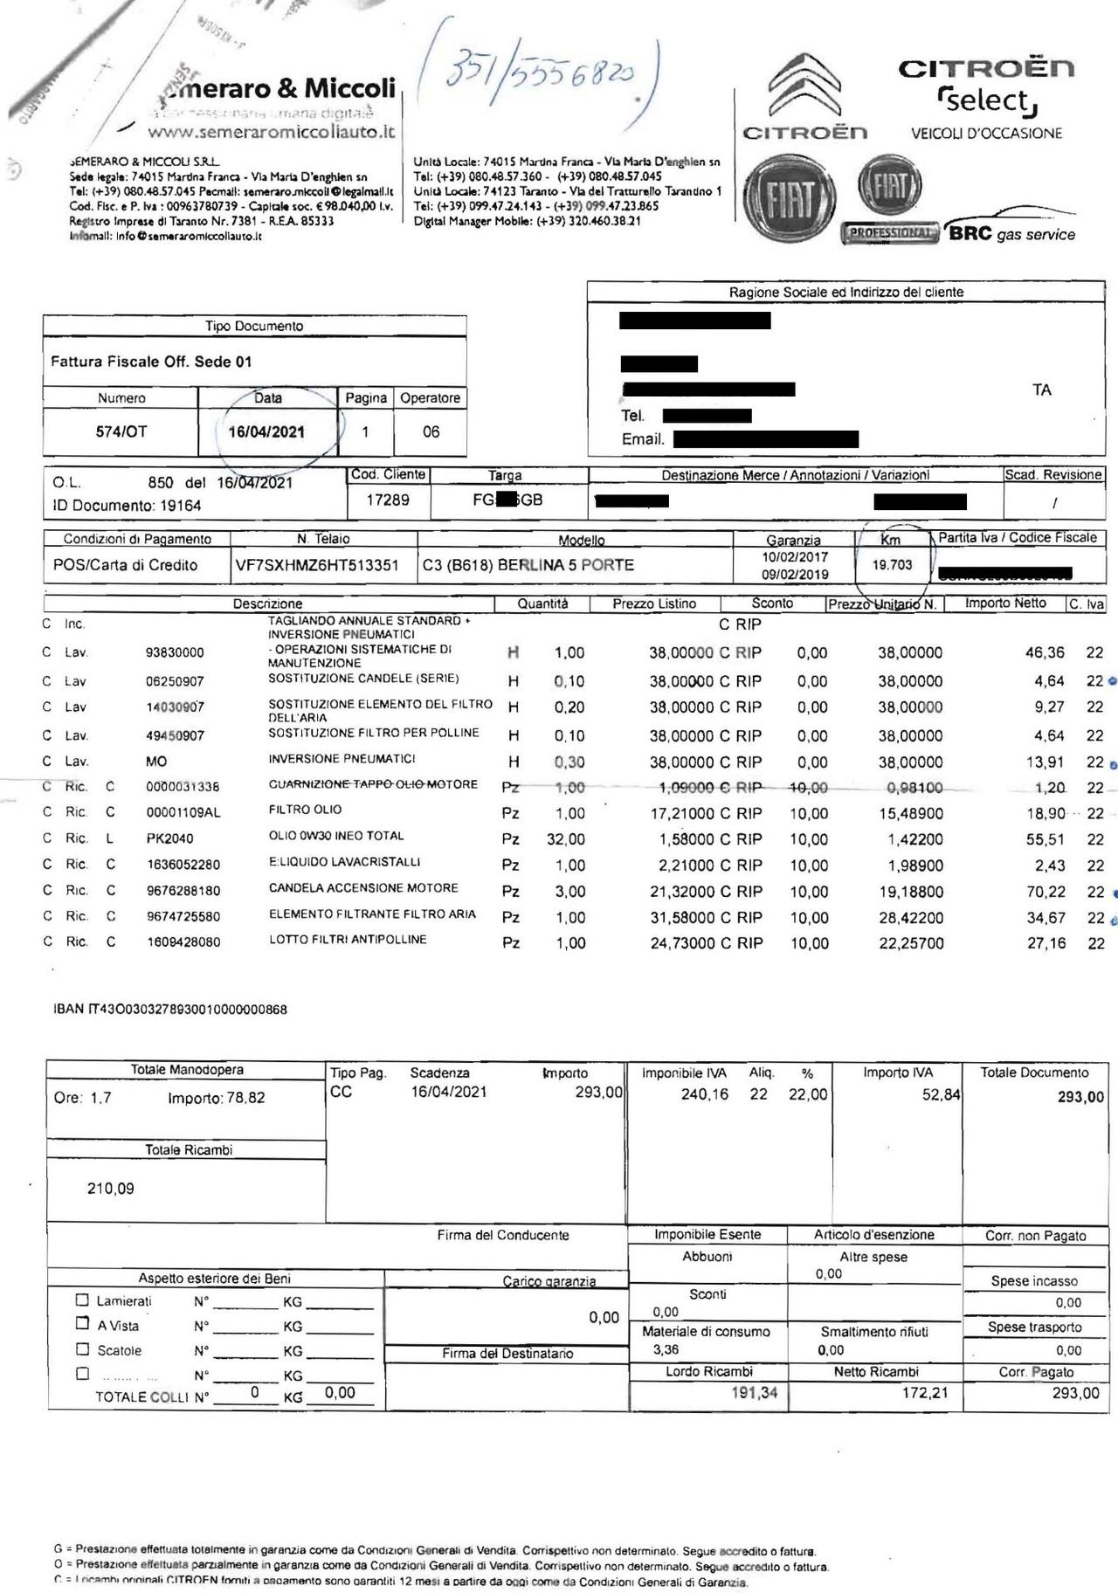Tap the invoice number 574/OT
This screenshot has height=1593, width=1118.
click(x=121, y=431)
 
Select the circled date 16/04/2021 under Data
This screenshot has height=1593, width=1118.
click(x=266, y=431)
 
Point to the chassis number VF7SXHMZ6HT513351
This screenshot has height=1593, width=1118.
click(x=317, y=565)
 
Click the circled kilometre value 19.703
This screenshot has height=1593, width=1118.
click(x=892, y=565)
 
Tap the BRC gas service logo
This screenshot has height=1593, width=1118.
click(x=1011, y=234)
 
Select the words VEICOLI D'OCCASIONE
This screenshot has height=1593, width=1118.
click(x=986, y=134)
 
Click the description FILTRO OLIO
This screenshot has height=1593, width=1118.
click(x=305, y=810)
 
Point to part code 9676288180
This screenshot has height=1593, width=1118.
click(x=183, y=892)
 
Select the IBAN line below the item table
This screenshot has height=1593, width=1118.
click(x=170, y=1010)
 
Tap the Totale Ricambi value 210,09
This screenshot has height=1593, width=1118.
click(x=111, y=1188)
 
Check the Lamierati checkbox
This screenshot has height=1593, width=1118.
click(x=83, y=1300)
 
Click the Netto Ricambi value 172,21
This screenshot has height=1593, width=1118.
click(x=924, y=1393)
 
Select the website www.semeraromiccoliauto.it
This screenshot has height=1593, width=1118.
click(x=271, y=133)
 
